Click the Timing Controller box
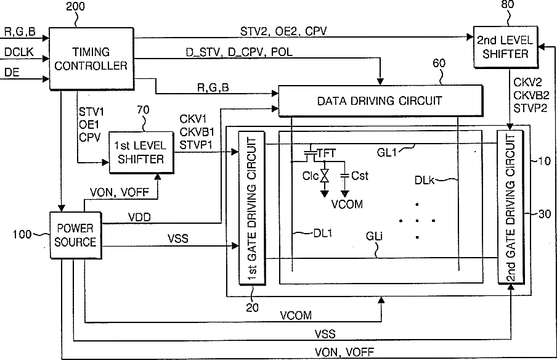click(91, 59)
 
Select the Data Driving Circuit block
click(380, 101)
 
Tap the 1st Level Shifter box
click(141, 152)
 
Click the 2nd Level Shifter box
click(505, 47)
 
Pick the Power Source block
click(75, 235)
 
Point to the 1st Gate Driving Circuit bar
click(252, 208)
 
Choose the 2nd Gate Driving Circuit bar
click(510, 207)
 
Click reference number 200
click(76, 7)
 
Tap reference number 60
click(439, 63)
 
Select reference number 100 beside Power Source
click(22, 234)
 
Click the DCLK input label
click(18, 52)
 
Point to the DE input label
click(12, 73)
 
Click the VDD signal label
click(139, 217)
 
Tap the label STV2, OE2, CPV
click(283, 31)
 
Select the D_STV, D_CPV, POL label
click(239, 52)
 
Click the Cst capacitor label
click(359, 176)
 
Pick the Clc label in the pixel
click(311, 176)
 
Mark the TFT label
click(326, 153)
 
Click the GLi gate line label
click(374, 236)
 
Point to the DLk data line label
click(424, 180)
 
